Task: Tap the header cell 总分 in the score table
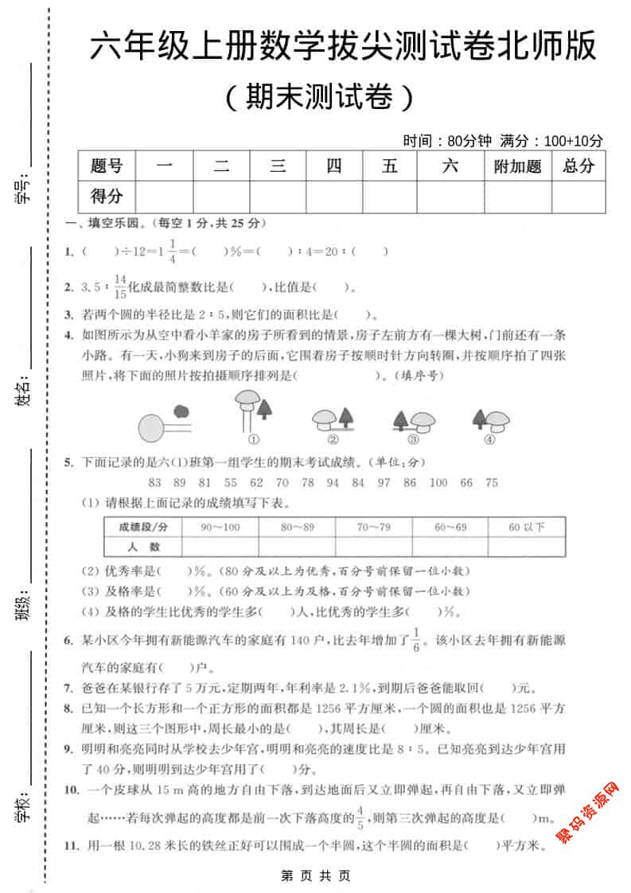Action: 578,166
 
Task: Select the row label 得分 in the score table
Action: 107,197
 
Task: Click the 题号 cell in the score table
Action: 107,166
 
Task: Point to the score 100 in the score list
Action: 438,482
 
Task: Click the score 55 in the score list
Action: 231,482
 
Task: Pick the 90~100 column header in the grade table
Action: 220,527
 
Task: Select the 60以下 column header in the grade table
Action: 527,527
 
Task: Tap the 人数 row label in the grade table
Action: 143,547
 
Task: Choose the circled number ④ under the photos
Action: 489,439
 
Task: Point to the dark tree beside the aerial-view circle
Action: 182,411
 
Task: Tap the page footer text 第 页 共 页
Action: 316,875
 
